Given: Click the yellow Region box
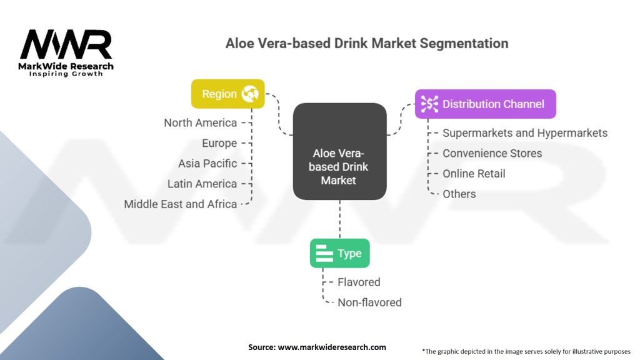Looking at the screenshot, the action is point(227,94).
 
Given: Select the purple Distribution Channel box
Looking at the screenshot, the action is point(485,104).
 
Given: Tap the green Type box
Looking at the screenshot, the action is point(339,254).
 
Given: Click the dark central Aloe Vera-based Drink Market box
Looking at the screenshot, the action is point(339,151).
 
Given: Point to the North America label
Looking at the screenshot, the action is point(201,123).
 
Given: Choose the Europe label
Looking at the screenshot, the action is point(219,143).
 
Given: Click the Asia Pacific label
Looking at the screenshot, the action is point(207,164).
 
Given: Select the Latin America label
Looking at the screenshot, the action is point(202,184).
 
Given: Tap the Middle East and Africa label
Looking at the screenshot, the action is point(181,204).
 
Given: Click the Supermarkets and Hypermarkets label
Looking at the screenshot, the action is point(525,133).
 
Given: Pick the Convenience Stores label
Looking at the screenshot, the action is point(492,154).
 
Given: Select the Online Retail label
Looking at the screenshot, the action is point(474,174).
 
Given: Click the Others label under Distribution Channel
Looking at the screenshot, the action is point(459,194).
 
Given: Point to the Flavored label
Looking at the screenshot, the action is point(359,282).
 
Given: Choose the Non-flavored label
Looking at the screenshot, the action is point(369,302).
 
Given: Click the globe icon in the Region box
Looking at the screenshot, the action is point(250,94).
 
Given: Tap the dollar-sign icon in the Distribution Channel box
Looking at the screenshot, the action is point(429,104).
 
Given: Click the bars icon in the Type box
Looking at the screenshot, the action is point(324,254).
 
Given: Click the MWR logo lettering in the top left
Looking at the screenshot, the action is point(66,44).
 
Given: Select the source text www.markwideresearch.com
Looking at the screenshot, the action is point(332,347).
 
